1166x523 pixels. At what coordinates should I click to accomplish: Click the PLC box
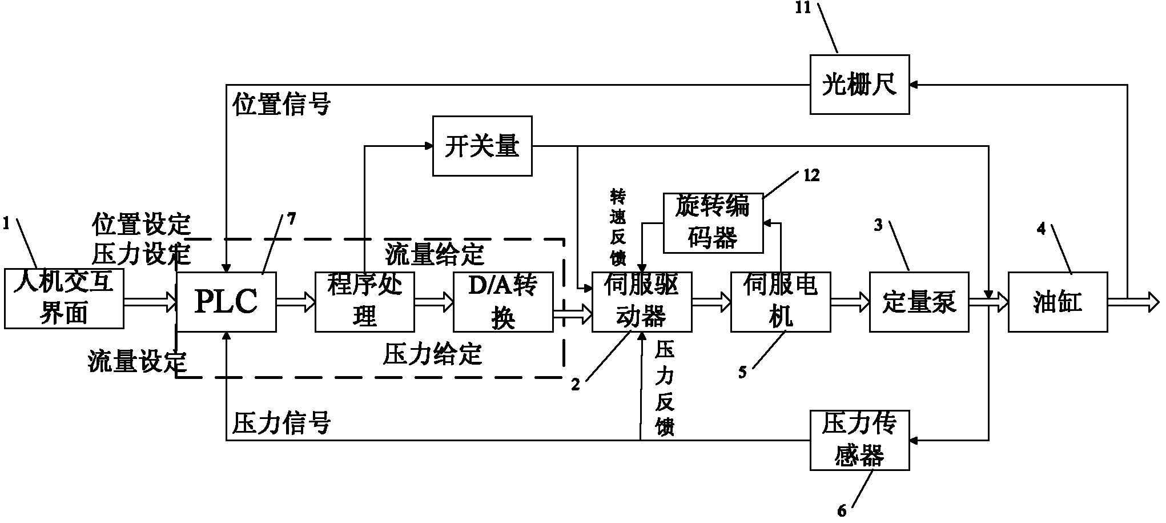[227, 302]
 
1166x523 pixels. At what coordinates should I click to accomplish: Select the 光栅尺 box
[859, 85]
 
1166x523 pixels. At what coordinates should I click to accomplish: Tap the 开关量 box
[482, 146]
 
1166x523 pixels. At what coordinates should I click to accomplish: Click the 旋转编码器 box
[713, 223]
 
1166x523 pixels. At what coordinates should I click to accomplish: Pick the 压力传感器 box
[859, 440]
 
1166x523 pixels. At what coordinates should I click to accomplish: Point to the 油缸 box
[1058, 302]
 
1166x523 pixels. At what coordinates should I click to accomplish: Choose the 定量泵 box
[919, 302]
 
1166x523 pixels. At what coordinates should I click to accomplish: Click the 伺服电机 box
[781, 302]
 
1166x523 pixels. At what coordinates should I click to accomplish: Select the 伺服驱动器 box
[642, 302]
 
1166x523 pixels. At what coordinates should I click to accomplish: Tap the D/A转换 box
[503, 302]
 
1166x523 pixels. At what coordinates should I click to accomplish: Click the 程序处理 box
[365, 302]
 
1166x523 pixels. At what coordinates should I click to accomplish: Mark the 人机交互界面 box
[64, 298]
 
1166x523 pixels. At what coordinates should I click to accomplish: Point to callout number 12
[811, 176]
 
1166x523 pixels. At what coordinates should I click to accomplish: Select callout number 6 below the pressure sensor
[842, 511]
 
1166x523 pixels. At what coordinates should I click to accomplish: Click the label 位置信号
[282, 105]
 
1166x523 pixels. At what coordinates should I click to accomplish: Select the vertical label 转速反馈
[618, 229]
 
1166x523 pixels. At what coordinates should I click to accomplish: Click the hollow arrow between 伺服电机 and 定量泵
[850, 302]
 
